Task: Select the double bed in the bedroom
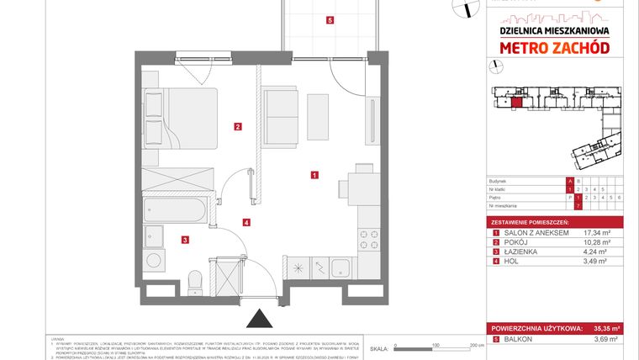click(181, 117)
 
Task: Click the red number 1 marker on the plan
click(314, 176)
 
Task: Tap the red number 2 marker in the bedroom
click(239, 128)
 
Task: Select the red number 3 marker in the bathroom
click(183, 241)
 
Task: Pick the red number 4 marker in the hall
click(246, 223)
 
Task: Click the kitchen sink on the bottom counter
click(341, 268)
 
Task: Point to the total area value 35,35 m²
click(604, 328)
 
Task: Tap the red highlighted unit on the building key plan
click(516, 103)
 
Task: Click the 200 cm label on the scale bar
click(477, 346)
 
